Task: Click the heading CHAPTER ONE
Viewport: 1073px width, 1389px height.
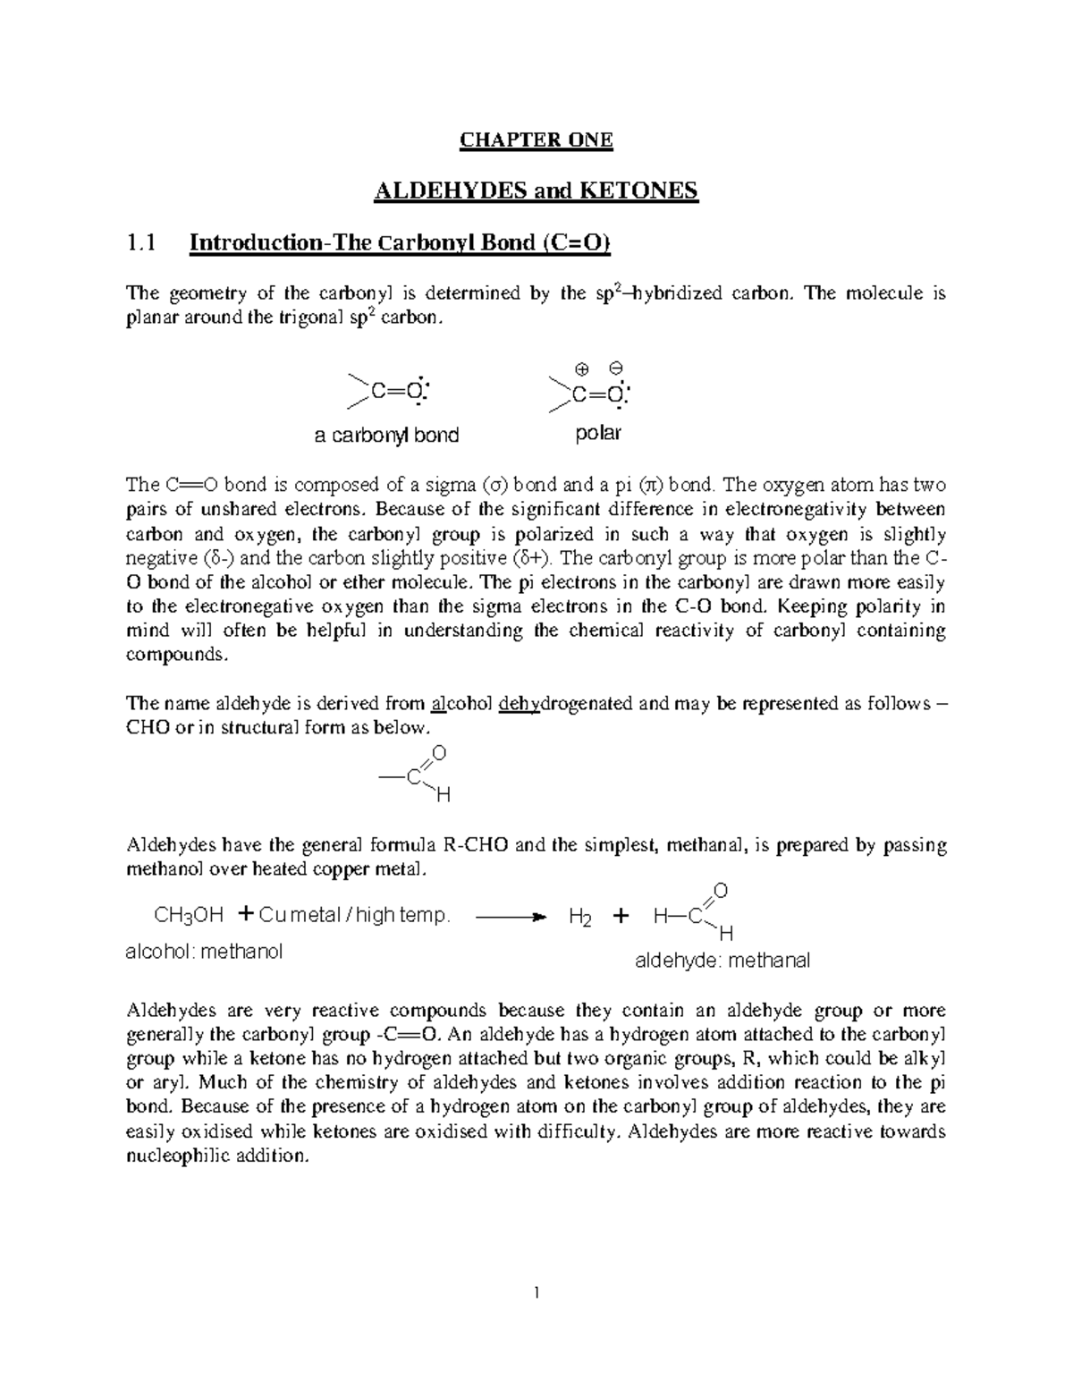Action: (x=536, y=140)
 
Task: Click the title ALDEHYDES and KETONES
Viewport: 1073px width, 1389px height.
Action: (x=535, y=191)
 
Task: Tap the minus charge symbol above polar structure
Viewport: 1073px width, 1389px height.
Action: (x=615, y=368)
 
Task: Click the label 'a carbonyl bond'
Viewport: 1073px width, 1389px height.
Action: (x=386, y=436)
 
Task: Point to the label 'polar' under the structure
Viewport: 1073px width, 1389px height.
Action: (x=597, y=434)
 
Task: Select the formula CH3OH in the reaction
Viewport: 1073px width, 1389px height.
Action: (x=189, y=916)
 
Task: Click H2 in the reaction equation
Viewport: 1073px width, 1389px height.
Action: (x=579, y=918)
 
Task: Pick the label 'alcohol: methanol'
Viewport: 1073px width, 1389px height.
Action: (x=204, y=952)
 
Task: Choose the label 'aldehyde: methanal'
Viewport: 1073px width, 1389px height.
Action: (x=722, y=961)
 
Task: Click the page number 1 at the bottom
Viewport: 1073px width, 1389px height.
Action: (x=536, y=1292)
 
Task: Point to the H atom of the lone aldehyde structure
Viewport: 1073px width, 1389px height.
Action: (x=442, y=795)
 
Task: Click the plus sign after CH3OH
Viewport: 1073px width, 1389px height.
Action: (x=246, y=914)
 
